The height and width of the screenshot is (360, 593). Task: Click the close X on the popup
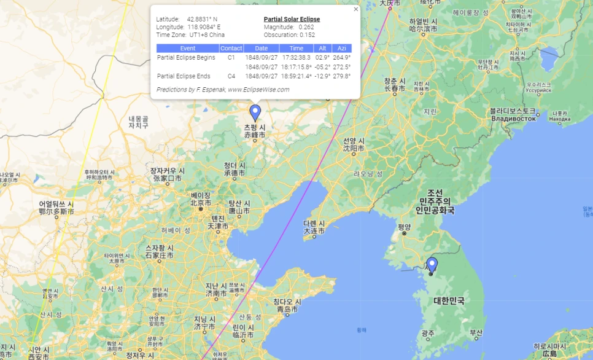[356, 9]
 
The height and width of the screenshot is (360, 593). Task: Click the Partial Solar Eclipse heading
[292, 19]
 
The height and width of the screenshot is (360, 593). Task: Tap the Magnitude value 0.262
[306, 27]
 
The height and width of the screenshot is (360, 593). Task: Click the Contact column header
[231, 48]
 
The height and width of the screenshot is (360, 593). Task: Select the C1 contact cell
[231, 57]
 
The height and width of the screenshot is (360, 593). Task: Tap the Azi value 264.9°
[341, 57]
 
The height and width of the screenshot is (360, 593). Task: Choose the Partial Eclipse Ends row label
[184, 76]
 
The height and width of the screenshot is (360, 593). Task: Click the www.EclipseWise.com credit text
[258, 90]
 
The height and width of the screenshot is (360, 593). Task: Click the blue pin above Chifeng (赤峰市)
[255, 112]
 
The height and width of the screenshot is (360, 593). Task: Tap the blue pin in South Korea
[432, 265]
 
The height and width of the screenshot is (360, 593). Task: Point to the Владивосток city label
[513, 118]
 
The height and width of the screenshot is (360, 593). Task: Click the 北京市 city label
[201, 203]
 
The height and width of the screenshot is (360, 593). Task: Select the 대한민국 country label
[449, 300]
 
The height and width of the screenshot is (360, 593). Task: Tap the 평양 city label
[403, 227]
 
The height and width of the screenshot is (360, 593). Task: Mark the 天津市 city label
[218, 226]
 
